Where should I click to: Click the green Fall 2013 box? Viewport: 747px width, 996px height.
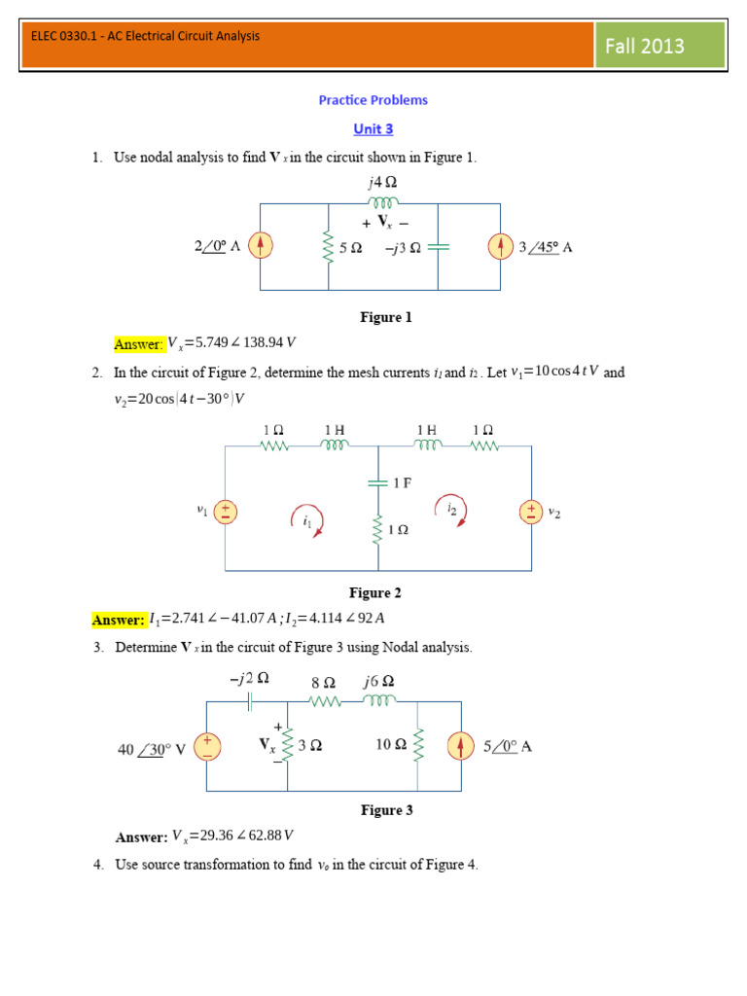660,46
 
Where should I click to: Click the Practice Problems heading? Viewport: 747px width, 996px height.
373,100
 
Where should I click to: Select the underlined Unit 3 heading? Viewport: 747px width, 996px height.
373,128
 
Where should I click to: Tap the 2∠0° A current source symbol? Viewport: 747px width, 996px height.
260,247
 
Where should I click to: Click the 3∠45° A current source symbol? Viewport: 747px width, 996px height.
500,247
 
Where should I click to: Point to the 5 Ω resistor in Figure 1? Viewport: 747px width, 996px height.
329,248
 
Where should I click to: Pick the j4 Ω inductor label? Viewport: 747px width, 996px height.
382,182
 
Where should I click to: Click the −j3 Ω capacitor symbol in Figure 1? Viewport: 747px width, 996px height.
439,247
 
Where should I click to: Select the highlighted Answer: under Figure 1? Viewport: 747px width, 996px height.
138,343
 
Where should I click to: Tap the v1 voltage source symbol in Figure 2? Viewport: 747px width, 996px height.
225,511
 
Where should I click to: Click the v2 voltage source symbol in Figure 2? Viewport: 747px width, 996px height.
531,511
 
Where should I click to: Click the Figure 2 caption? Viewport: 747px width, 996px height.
375,593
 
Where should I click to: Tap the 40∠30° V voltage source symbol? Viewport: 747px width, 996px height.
207,746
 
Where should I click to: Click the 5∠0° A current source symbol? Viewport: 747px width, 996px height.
459,746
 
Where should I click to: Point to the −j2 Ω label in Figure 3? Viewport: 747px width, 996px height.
250,680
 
